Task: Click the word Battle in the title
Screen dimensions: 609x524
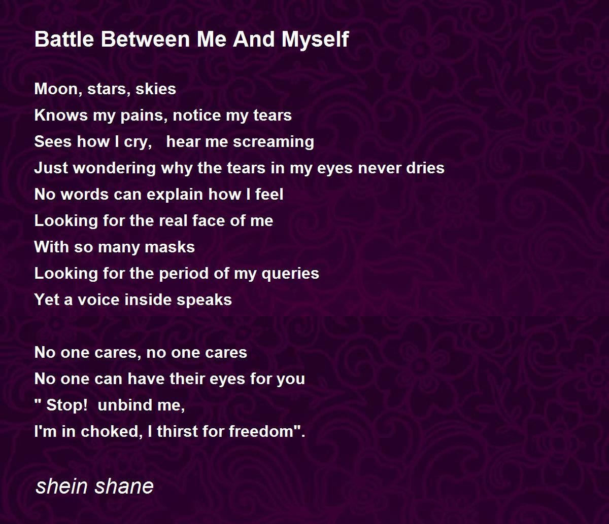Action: coord(64,39)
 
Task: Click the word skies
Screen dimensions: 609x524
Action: coord(156,89)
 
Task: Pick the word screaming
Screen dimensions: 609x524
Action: coord(274,142)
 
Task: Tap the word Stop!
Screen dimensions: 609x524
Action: coord(67,405)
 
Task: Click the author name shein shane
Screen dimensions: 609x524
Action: coord(94,486)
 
